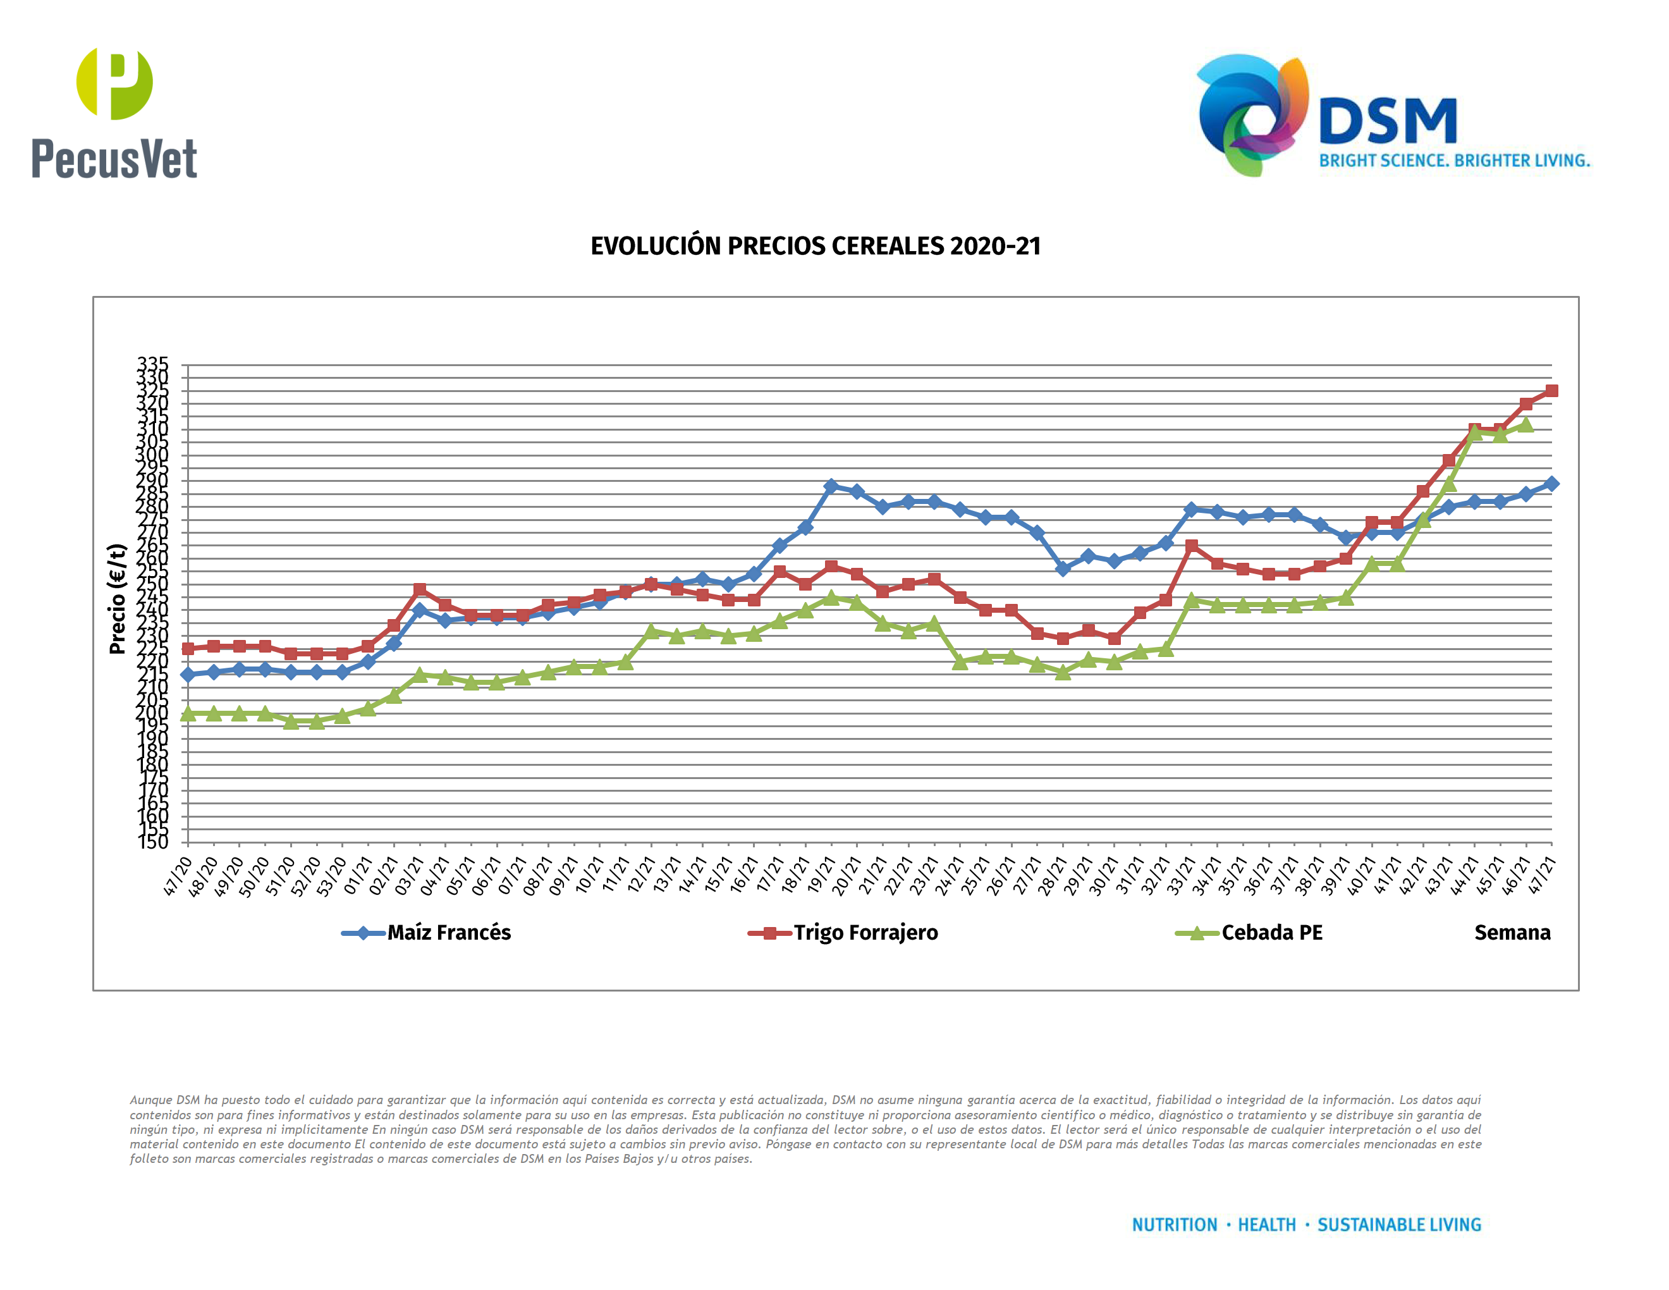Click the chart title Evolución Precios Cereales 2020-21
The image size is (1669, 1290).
pyautogui.click(x=816, y=246)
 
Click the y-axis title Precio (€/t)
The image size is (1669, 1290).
pyautogui.click(x=117, y=598)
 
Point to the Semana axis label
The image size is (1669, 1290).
pyautogui.click(x=1512, y=932)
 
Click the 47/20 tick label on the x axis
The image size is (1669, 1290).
pyautogui.click(x=177, y=876)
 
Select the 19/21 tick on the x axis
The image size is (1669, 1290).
pyautogui.click(x=821, y=876)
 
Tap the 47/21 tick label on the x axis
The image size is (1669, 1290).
pyautogui.click(x=1541, y=876)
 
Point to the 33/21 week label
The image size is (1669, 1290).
pyautogui.click(x=1181, y=876)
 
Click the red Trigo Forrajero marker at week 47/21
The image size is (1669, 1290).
pyautogui.click(x=1551, y=391)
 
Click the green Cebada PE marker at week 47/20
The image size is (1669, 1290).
pyautogui.click(x=188, y=714)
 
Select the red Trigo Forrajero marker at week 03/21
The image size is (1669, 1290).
pyautogui.click(x=420, y=589)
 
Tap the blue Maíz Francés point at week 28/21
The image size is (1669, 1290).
pyautogui.click(x=1062, y=568)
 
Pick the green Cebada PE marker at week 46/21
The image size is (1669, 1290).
pyautogui.click(x=1525, y=425)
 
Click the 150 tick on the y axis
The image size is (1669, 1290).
pyautogui.click(x=153, y=842)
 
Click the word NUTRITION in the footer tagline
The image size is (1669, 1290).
pyautogui.click(x=1174, y=1224)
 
